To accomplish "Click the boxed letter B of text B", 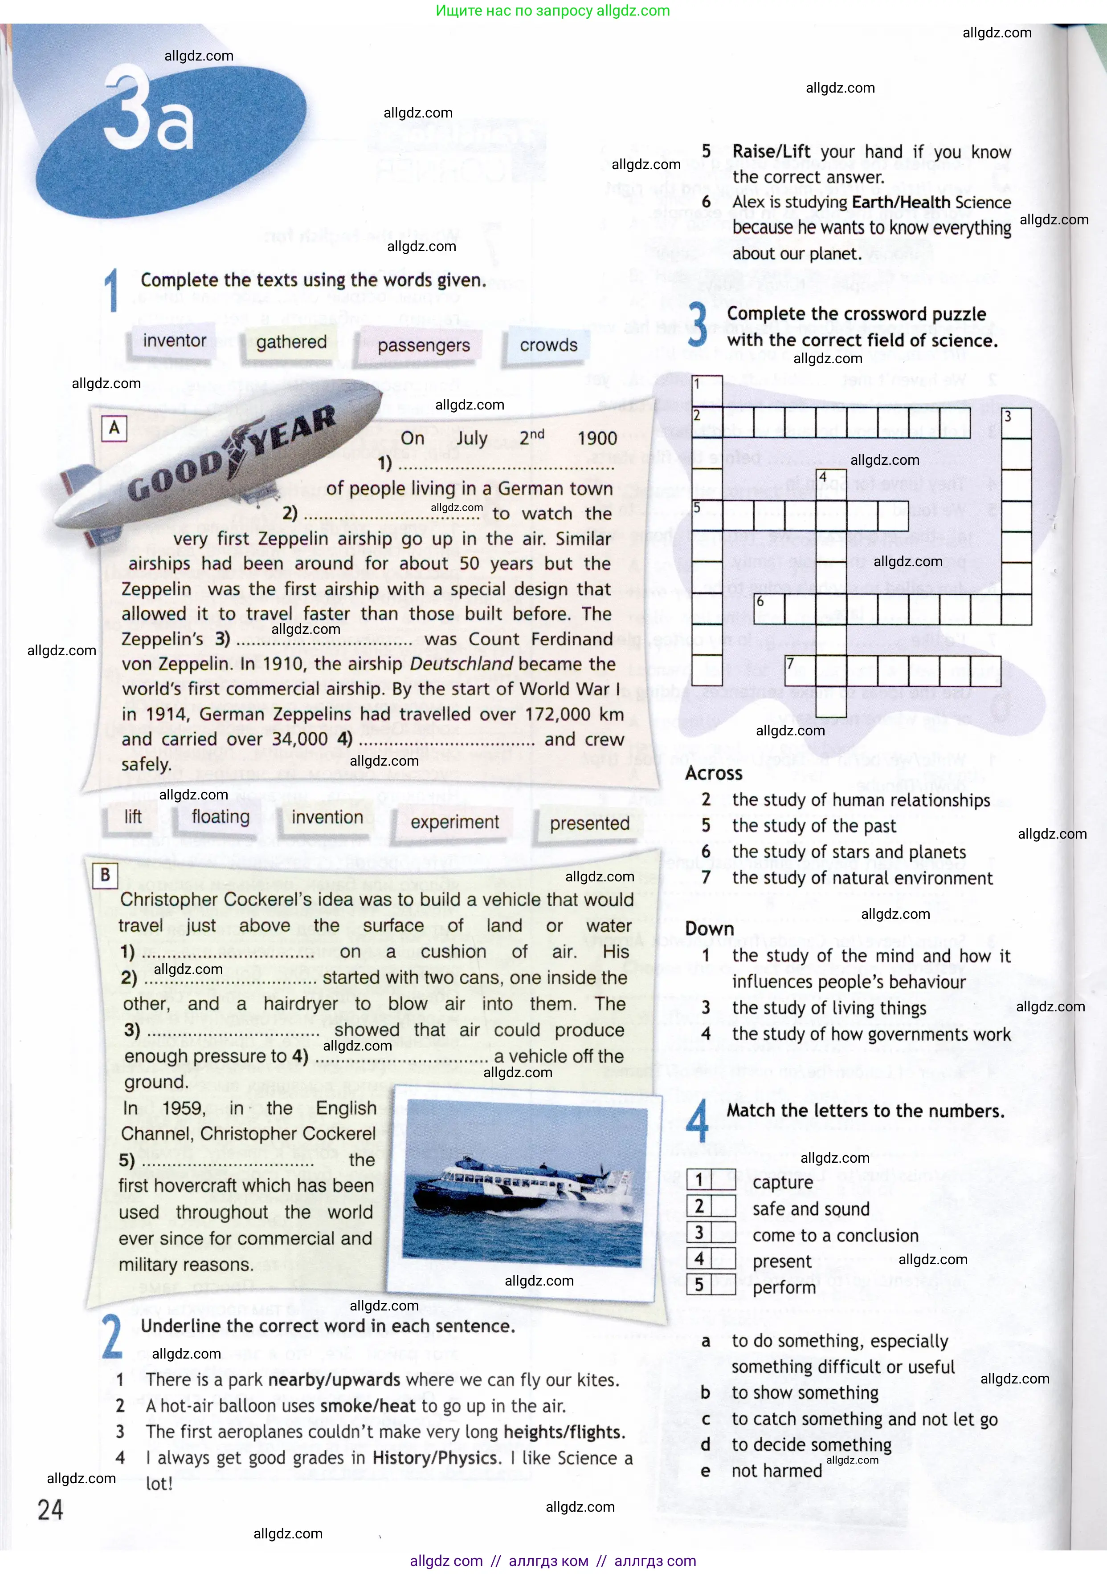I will click(105, 875).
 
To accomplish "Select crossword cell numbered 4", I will click(831, 483).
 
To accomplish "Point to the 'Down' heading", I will click(709, 929).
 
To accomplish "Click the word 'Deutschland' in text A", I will click(461, 664).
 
